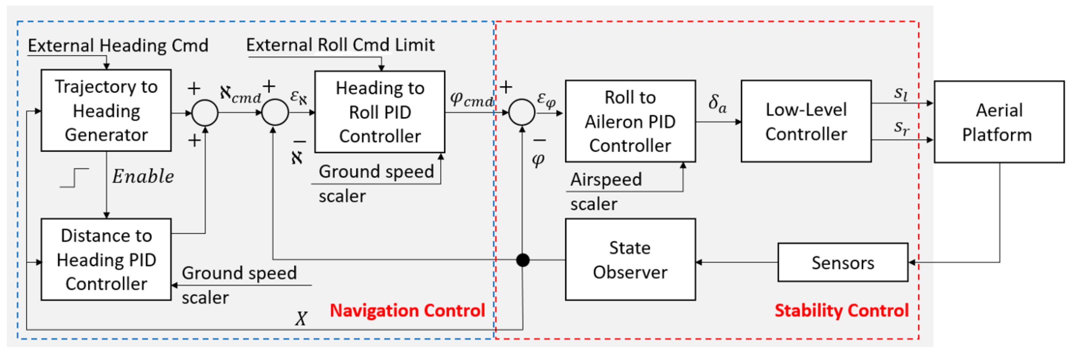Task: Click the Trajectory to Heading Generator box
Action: point(106,110)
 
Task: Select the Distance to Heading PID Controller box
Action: point(106,259)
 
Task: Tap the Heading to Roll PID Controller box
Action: point(380,112)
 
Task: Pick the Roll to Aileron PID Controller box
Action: point(630,121)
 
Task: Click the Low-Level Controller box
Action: point(806,121)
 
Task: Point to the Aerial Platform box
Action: point(999,122)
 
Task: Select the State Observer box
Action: point(630,259)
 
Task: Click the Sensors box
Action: point(843,263)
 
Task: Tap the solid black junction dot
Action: point(523,260)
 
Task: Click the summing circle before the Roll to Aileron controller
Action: point(522,112)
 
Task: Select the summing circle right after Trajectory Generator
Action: point(205,113)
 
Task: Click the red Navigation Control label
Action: point(407,310)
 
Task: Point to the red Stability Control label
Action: point(841,310)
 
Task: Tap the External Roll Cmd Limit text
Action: point(340,45)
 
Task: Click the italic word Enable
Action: point(143,176)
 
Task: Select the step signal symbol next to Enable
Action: point(74,178)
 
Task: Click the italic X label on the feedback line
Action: point(301,319)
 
